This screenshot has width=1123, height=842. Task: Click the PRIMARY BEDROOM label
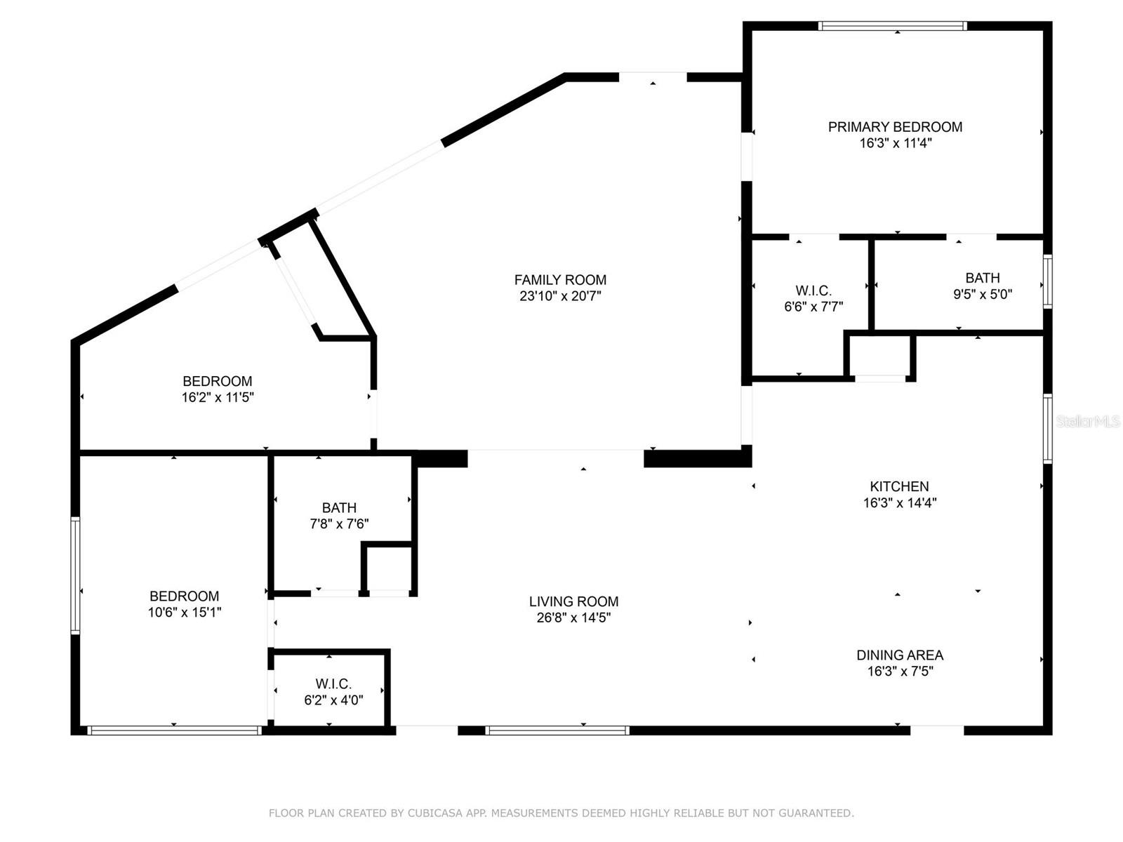[895, 127]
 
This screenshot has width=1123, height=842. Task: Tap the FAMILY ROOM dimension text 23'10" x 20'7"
[560, 296]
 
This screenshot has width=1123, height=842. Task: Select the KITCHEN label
[899, 486]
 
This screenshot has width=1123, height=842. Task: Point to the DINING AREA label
[900, 655]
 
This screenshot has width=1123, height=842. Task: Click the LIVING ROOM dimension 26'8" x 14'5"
[573, 617]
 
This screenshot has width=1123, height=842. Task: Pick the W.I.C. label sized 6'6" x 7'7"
[813, 290]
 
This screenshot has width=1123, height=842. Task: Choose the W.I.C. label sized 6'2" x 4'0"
[333, 683]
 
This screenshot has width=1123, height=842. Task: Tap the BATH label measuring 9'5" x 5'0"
[982, 278]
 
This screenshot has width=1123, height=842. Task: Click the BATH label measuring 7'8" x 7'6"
[339, 507]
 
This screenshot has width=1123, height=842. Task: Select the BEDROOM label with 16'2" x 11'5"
[217, 381]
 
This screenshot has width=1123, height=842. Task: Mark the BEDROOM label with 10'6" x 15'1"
[184, 596]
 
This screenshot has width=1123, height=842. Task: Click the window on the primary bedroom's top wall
[892, 27]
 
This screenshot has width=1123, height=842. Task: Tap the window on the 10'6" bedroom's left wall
[75, 575]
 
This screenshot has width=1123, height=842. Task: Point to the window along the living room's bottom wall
[557, 730]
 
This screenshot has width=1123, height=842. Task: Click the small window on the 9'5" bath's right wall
[1047, 281]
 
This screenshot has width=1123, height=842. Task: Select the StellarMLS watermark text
[1088, 422]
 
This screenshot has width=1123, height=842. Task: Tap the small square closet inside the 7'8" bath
[387, 568]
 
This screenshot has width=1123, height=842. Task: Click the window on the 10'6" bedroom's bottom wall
[174, 730]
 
